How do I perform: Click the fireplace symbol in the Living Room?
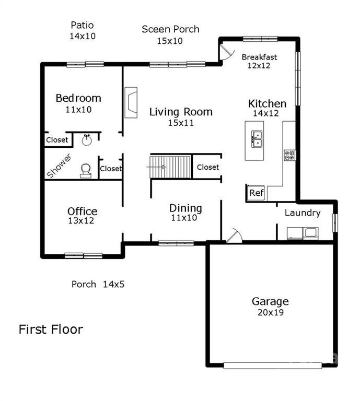[131, 102]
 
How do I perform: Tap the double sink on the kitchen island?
[257, 139]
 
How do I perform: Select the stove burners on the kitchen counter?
[290, 155]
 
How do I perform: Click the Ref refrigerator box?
[256, 193]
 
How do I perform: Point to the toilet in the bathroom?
[86, 171]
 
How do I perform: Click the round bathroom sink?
[87, 140]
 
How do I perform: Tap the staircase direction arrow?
[156, 167]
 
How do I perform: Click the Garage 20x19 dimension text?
[271, 312]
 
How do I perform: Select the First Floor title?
[51, 329]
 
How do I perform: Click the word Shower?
[59, 166]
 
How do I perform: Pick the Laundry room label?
[303, 213]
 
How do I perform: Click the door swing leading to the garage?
[234, 235]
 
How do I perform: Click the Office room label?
[83, 211]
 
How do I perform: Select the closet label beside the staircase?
[208, 167]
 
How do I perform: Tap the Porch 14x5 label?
[98, 284]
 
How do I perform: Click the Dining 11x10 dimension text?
[184, 218]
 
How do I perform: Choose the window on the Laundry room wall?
[335, 223]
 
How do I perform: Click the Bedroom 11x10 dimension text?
[78, 110]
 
